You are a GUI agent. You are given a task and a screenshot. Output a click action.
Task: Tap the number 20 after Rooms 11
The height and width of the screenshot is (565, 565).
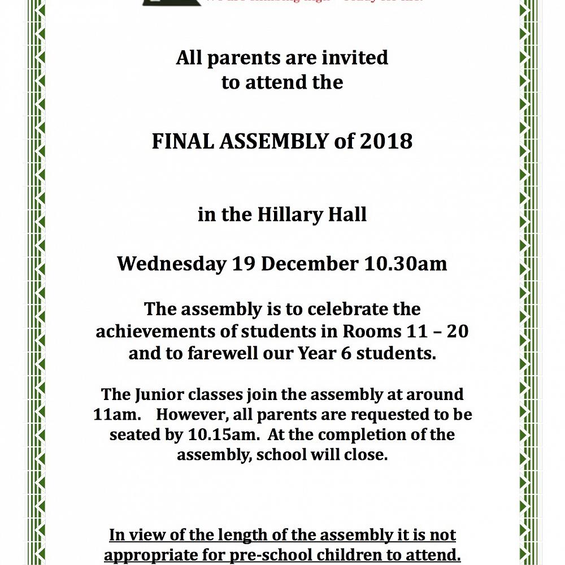coord(457,331)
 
